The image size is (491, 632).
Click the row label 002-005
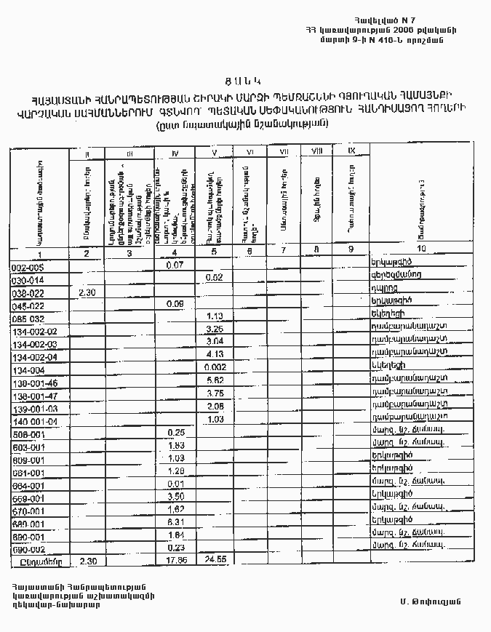point(28,267)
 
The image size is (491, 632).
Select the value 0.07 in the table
point(174,265)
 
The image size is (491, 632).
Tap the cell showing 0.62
point(214,278)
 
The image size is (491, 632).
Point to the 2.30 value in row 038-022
point(87,292)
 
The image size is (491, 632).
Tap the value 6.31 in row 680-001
point(175,522)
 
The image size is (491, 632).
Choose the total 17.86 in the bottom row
point(177,561)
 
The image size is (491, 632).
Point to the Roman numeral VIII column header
point(316,151)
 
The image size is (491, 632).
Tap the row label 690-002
point(28,549)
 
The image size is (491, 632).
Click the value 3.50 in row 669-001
point(175,496)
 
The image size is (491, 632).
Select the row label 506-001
point(28,434)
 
